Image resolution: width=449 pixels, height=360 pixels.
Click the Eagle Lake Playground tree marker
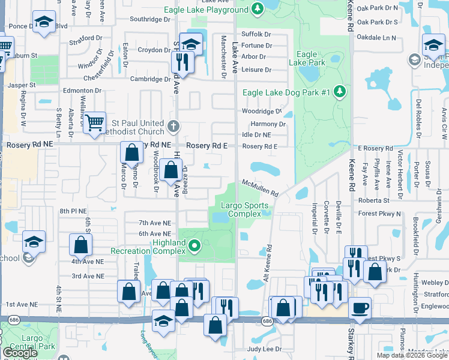coord(258,9)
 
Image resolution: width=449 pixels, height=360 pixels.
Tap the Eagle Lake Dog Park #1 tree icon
coord(341,91)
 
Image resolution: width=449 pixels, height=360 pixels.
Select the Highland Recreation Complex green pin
coord(194,245)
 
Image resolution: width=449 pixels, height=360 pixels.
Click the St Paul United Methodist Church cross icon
coord(173,126)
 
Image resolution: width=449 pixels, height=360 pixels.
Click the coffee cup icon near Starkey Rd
coord(360,308)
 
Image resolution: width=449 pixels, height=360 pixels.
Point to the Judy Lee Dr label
coord(264,349)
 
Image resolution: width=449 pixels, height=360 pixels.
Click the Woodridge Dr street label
coord(261,111)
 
